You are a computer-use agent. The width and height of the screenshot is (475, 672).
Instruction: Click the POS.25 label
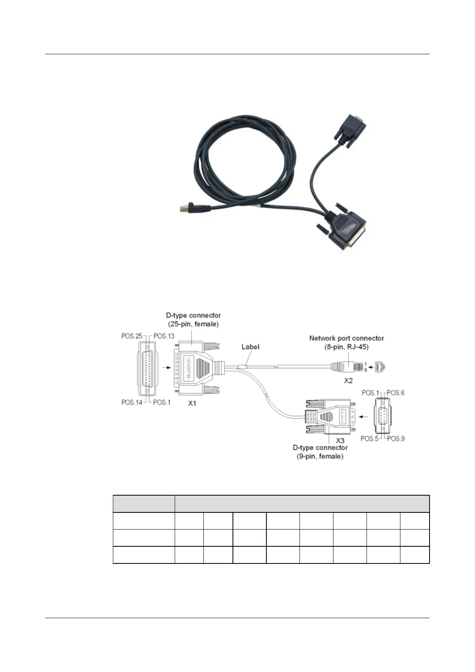(x=132, y=336)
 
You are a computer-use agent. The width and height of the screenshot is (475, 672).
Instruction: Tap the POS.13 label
(x=164, y=336)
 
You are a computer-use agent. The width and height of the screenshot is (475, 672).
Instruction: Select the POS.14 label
(x=132, y=403)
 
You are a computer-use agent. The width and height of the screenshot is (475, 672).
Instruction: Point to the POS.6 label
(x=396, y=393)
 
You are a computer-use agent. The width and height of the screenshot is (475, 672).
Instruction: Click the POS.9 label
(x=396, y=439)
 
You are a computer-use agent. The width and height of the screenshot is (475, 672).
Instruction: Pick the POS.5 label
(x=370, y=439)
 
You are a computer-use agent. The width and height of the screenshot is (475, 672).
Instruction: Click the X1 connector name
(x=192, y=404)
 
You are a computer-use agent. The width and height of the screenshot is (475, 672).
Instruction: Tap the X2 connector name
(x=348, y=381)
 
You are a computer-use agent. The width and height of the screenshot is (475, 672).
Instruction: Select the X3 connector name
(x=340, y=441)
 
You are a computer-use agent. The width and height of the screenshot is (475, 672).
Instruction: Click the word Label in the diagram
(x=250, y=347)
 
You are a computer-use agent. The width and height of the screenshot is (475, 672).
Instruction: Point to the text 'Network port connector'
(x=347, y=338)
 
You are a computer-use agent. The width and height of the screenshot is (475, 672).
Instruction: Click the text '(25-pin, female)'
(x=193, y=324)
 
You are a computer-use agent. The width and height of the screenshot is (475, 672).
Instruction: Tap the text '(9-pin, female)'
(x=320, y=457)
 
